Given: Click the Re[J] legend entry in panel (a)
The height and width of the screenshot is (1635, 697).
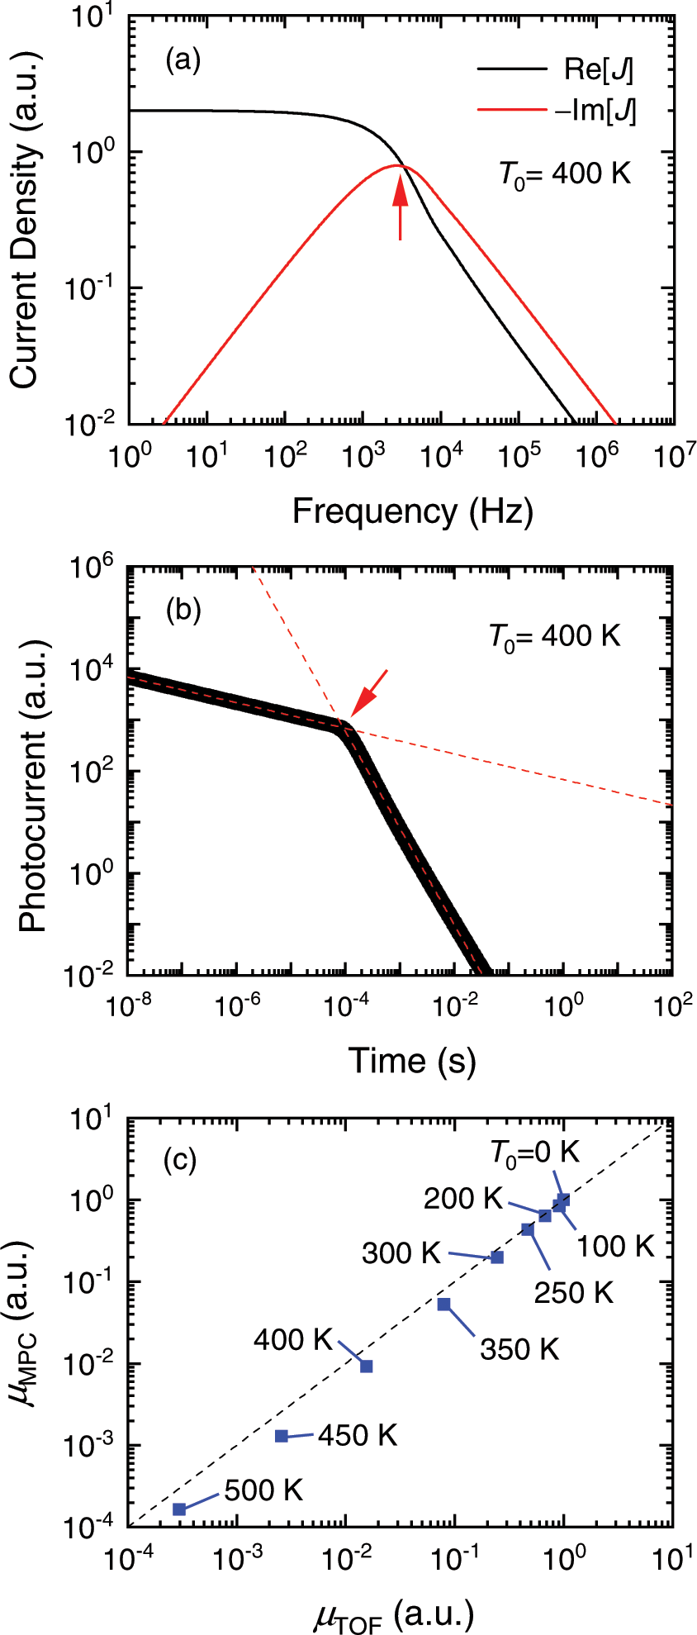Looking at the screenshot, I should (x=555, y=70).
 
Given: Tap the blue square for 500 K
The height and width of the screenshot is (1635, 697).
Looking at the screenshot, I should (x=179, y=1509).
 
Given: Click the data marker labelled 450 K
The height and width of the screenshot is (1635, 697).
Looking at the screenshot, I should (x=282, y=1436).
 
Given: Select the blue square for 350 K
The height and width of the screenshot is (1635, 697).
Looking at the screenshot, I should (x=444, y=1305).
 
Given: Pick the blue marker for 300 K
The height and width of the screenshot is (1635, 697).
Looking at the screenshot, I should (x=497, y=1257).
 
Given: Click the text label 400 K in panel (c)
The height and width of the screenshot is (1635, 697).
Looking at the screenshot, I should (x=292, y=1338).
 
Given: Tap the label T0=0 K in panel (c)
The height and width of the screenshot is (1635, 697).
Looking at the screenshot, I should (x=535, y=1153).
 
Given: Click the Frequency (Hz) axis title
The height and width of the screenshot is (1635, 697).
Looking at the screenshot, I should (x=413, y=511).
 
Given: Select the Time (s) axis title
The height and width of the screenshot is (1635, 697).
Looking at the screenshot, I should (x=412, y=1060).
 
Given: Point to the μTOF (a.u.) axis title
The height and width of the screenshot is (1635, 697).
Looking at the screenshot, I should (x=394, y=1614).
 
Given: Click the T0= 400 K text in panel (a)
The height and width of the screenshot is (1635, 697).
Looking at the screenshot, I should (x=565, y=174).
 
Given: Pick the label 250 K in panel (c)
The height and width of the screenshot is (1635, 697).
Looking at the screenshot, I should (x=573, y=1293).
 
